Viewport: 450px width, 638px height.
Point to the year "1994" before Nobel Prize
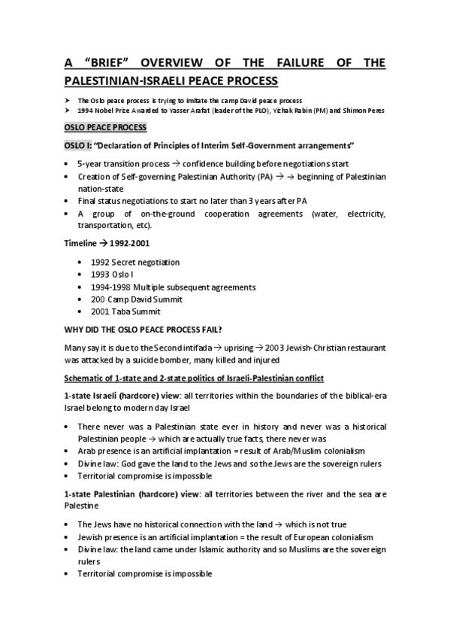[x=86, y=111]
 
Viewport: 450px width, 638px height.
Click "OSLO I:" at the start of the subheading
[x=80, y=145]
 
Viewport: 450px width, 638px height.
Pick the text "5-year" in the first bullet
[x=90, y=164]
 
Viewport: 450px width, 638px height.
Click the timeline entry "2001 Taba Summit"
[x=125, y=312]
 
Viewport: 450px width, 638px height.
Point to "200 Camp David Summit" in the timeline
[x=137, y=299]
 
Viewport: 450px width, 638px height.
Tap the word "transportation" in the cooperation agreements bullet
[x=104, y=226]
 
